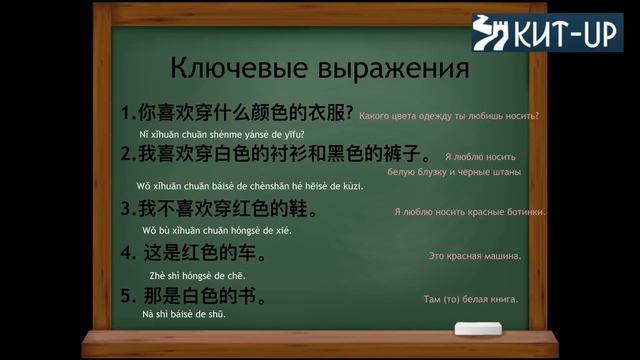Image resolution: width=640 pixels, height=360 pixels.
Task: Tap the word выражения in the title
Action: coord(389,70)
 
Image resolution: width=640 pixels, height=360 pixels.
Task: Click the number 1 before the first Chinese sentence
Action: coord(126,113)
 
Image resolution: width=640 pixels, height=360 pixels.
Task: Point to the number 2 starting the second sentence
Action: coord(126,154)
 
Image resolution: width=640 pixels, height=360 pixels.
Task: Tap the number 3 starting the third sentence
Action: coord(126,209)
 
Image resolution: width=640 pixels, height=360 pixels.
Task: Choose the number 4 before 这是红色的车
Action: coord(126,253)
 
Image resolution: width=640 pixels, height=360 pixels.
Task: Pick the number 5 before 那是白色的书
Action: coord(126,295)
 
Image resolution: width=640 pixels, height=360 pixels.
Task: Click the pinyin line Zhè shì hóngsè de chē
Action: coord(197,276)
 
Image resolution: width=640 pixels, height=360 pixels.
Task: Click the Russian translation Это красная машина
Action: coord(474,257)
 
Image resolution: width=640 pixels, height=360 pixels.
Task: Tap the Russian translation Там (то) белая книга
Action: coord(470,299)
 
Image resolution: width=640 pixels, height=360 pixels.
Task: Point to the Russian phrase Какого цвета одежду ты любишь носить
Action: coord(448,116)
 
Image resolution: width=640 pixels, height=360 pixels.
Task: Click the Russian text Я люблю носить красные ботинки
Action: coord(470,212)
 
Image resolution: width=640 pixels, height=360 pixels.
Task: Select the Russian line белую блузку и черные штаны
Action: coord(453,172)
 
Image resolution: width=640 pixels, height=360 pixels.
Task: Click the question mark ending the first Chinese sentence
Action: coord(349,113)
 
